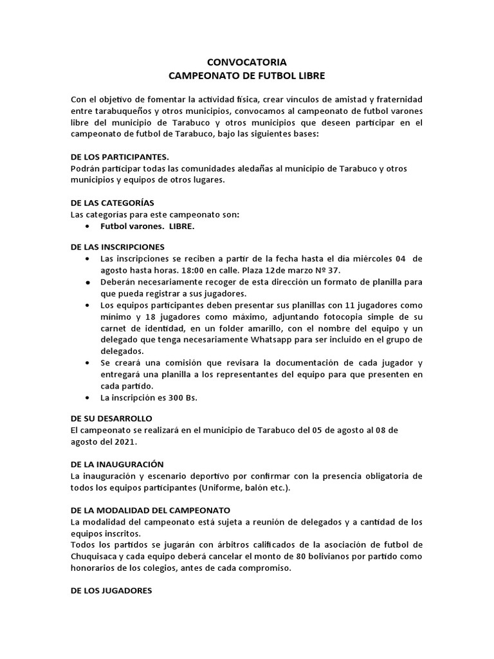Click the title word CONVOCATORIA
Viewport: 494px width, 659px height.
click(247, 62)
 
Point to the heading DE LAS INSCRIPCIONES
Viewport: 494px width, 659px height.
click(117, 246)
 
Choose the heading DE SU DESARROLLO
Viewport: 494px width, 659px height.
click(111, 418)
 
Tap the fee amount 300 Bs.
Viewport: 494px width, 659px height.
click(183, 398)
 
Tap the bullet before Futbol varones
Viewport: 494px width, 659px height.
click(87, 227)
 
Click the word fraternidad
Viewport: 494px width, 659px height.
click(398, 100)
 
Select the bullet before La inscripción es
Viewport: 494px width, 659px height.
click(87, 398)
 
